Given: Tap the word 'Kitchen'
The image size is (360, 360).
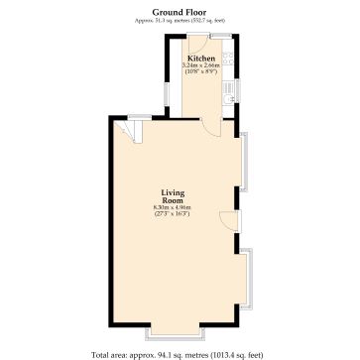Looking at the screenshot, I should coord(201,59).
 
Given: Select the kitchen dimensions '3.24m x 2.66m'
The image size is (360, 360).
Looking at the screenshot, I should coord(201,65).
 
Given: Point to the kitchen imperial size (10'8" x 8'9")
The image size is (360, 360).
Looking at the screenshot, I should coord(201,71).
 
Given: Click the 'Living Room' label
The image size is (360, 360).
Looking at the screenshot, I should coord(172,195).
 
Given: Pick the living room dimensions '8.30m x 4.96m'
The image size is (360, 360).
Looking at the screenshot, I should coord(172,207).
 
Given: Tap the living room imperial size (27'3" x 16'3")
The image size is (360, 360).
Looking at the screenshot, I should coord(172,214).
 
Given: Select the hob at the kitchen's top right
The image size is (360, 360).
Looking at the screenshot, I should coord(228,58).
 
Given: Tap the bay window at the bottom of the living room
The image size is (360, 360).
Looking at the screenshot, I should coord(178,330).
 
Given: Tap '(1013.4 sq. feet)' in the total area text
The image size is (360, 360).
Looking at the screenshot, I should coord(237,353).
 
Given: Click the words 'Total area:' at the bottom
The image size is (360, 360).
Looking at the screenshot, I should coord(107,353).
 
